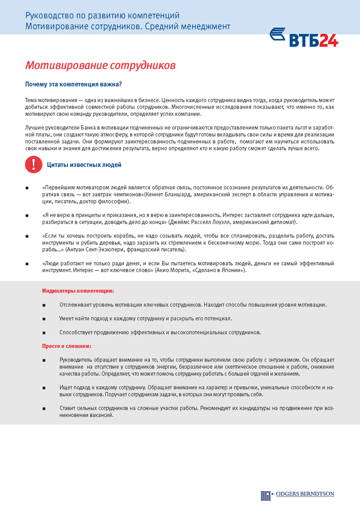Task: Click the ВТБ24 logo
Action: pos(304,37)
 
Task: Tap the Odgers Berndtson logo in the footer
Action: pos(297,494)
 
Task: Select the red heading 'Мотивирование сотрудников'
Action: pos(100,66)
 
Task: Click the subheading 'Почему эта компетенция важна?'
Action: pos(74,84)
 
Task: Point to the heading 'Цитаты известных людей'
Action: pos(84,165)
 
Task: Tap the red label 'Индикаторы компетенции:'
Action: pos(78,291)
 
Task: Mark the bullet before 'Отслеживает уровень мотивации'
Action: pos(44,305)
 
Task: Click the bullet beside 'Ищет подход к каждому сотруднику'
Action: pos(44,387)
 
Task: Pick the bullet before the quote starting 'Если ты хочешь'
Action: pos(28,236)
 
